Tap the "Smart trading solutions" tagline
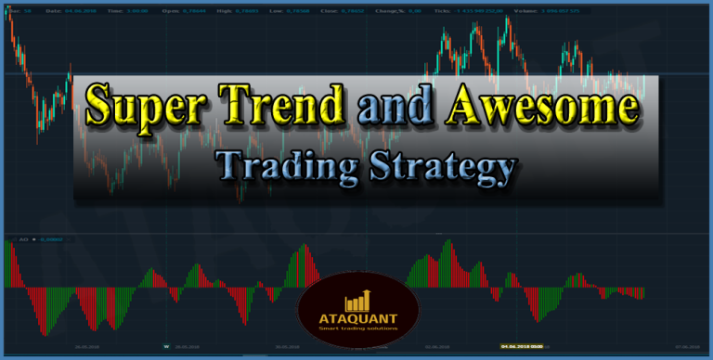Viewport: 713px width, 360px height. pyautogui.click(x=357, y=328)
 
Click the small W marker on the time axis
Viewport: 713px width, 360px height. pyautogui.click(x=167, y=347)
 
